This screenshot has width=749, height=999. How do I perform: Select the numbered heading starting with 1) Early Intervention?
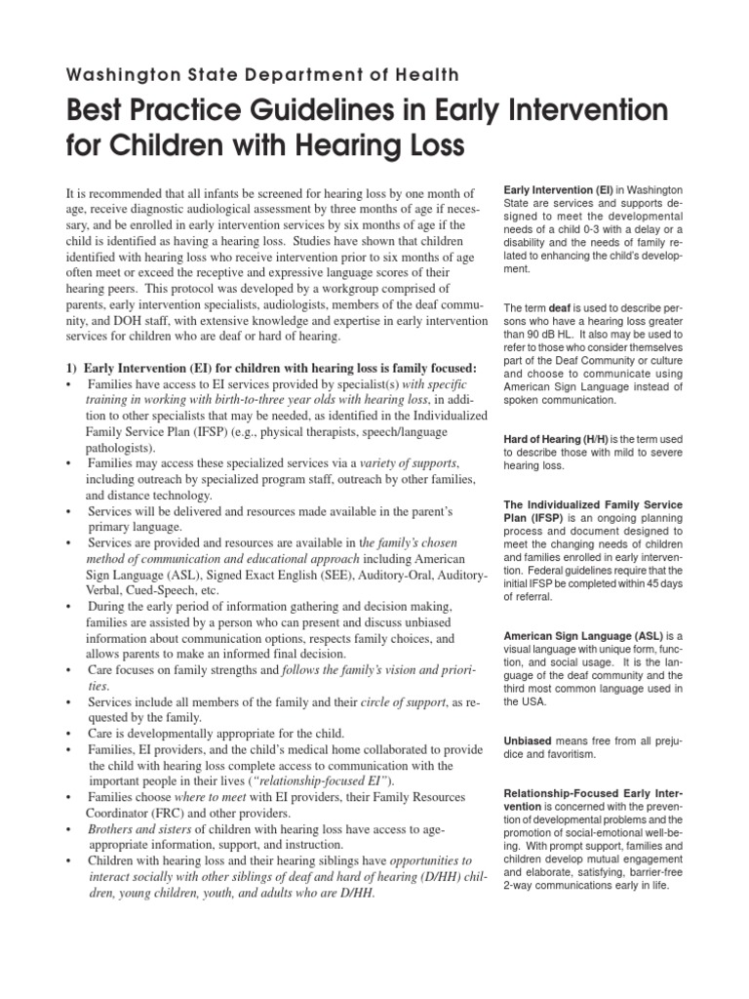tap(257, 368)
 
